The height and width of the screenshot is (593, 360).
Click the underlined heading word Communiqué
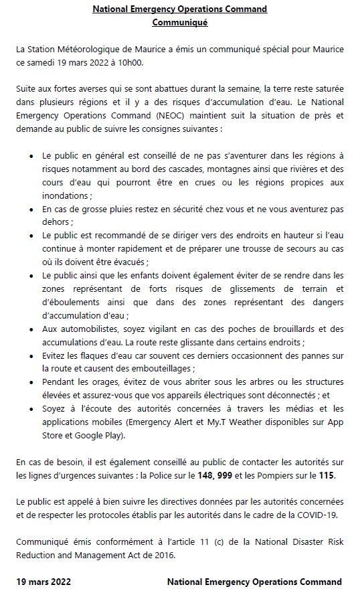[180, 22]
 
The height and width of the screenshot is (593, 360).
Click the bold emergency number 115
[326, 475]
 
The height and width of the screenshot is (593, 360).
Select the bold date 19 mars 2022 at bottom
[44, 582]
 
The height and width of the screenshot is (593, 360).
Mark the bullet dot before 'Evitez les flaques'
[32, 355]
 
